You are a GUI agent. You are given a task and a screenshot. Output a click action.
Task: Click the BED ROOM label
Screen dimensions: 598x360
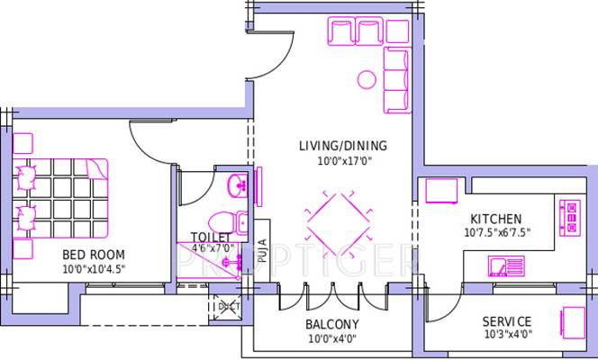[x=94, y=255]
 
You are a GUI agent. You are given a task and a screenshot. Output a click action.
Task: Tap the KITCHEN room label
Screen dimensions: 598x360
[x=496, y=219]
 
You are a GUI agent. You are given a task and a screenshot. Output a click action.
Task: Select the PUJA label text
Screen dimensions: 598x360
[x=262, y=251]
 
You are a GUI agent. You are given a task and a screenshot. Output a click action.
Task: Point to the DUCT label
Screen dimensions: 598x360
[x=230, y=306]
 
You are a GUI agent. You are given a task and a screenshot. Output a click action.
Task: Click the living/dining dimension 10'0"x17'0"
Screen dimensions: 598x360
[x=344, y=161]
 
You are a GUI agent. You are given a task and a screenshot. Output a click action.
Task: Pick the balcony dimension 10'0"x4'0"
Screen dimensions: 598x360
[x=332, y=338]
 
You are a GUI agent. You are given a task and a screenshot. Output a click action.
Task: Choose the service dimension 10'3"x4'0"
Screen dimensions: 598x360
[x=508, y=335]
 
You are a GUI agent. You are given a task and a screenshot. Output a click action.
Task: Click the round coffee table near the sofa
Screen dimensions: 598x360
[x=367, y=79]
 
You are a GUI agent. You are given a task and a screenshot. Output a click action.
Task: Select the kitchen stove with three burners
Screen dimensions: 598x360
[x=570, y=218]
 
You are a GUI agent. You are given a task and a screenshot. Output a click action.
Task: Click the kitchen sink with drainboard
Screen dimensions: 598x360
[x=506, y=266]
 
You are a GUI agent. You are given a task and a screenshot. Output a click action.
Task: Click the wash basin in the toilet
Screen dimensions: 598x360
[x=237, y=185]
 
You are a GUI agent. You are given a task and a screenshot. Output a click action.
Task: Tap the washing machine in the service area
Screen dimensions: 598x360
[x=573, y=323]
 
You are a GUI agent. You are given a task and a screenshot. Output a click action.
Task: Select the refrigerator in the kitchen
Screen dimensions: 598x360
[x=441, y=191]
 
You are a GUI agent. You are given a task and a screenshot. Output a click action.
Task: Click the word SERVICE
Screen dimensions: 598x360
[x=507, y=322]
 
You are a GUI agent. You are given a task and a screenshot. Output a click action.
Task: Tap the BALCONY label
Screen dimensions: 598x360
[x=332, y=325]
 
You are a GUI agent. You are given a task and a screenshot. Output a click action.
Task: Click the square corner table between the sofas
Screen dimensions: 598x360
[x=397, y=31]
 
